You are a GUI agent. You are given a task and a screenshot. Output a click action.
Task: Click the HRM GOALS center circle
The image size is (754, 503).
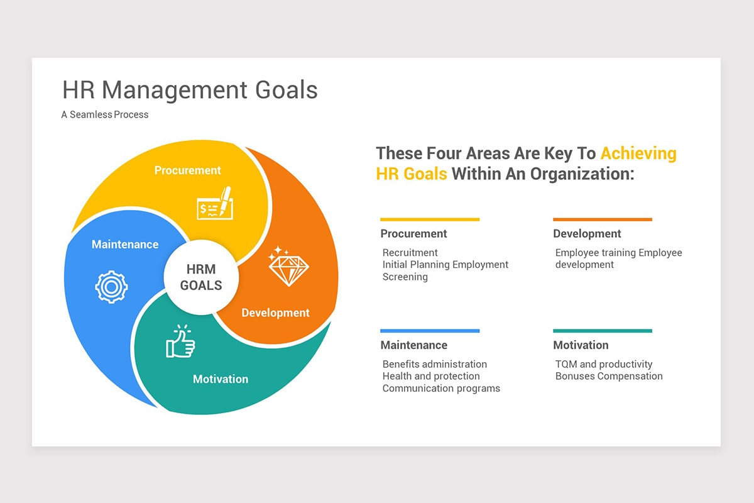[x=201, y=277]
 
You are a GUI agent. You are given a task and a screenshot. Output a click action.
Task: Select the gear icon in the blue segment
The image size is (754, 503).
[x=111, y=287]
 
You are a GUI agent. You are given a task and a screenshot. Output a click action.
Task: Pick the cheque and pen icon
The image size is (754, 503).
[x=214, y=204]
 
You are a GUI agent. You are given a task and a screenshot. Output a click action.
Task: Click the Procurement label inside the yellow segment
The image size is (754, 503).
[x=187, y=170]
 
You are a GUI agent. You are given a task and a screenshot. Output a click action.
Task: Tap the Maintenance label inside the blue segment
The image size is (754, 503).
[x=125, y=244]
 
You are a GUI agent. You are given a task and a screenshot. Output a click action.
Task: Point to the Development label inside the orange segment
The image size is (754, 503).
[x=275, y=312]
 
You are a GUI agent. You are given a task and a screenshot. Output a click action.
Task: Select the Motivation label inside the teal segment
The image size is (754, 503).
[x=221, y=379]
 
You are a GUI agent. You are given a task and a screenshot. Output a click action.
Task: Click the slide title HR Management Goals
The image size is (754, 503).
[x=190, y=90]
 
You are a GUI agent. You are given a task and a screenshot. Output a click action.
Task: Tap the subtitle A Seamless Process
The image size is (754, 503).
[x=105, y=114]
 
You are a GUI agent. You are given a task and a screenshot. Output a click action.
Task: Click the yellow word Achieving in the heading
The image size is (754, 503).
[x=638, y=153]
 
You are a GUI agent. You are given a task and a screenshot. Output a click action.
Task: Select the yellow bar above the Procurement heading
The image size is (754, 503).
[x=430, y=219]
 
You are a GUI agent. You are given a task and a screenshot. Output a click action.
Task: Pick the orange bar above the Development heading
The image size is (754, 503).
[x=603, y=219]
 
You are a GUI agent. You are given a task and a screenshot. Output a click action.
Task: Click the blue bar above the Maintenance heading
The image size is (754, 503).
[x=430, y=331]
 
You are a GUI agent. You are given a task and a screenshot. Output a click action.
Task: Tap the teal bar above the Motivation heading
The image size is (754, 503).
[x=603, y=331]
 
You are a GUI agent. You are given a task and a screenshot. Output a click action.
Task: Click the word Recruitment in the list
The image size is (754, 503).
[x=410, y=253]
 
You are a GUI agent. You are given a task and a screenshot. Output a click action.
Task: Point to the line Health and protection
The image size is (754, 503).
[x=431, y=376]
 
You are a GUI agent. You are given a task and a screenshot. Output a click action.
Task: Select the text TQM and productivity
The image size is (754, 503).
[x=604, y=364]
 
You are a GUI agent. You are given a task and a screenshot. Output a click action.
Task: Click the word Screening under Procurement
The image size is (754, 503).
[x=405, y=277]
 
